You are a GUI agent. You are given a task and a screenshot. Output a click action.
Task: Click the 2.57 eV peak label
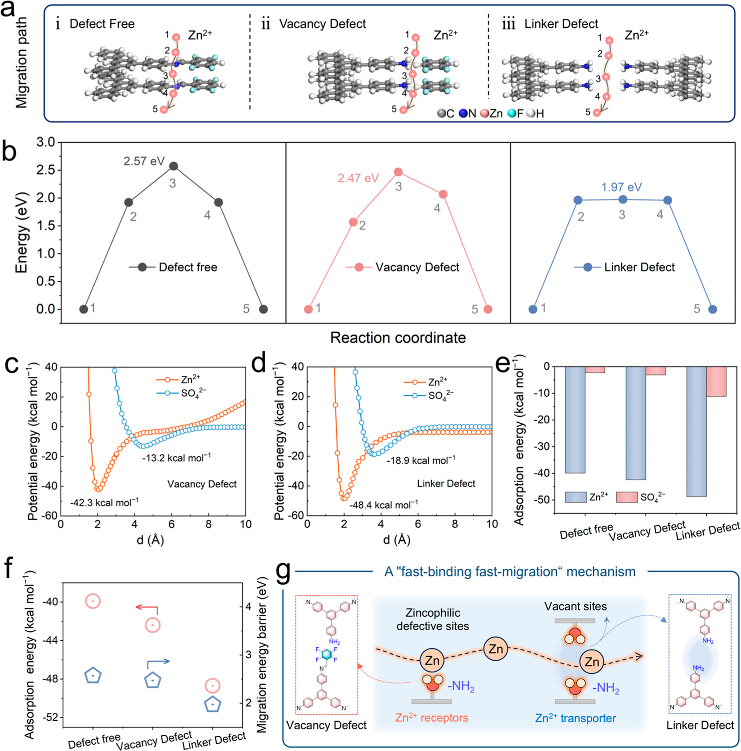[x=144, y=161]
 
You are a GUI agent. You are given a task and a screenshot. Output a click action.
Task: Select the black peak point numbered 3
[x=174, y=166]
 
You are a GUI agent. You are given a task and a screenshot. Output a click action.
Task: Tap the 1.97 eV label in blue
[x=621, y=187]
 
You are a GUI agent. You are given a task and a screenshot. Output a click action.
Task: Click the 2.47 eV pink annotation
[x=358, y=179]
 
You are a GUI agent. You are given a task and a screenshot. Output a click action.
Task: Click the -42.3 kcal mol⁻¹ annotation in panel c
[x=104, y=503]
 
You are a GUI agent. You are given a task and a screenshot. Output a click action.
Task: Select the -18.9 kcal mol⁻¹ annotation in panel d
[x=421, y=461]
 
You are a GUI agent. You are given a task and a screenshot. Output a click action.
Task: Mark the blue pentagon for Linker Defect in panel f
[x=213, y=705]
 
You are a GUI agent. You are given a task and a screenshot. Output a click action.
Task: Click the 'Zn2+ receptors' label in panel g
[x=431, y=718]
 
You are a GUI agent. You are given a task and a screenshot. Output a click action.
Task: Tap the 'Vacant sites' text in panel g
[x=575, y=606]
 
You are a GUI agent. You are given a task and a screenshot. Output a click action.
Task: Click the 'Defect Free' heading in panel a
[x=102, y=24]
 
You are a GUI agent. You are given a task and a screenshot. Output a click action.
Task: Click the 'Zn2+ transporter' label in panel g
[x=575, y=718]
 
